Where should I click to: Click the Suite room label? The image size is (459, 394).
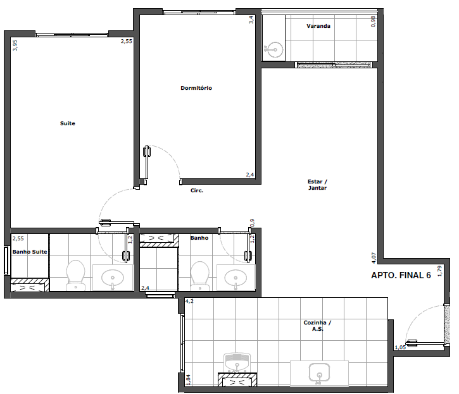pos(68,123)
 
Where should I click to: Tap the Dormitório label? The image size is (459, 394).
pos(196,88)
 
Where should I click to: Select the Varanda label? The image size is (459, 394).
pos(318,26)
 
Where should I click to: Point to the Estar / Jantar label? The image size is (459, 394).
pos(317,185)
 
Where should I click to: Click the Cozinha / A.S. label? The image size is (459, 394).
pos(317,326)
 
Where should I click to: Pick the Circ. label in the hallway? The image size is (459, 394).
pos(197,190)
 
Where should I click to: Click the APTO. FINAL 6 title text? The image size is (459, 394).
pos(401,275)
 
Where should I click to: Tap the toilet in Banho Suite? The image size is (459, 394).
pos(75,276)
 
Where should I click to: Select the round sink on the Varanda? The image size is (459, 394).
pos(274,50)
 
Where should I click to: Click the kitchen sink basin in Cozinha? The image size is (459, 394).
pos(319,373)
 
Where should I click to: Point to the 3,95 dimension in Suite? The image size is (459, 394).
pos(15,46)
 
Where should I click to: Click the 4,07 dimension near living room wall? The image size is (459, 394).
pos(374,258)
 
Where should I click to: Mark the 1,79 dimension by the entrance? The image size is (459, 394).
pos(439,271)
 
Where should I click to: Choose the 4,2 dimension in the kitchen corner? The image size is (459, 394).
pos(189,301)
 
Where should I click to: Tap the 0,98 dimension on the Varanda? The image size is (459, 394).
pos(373,22)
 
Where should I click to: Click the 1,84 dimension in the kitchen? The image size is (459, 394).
pos(188,379)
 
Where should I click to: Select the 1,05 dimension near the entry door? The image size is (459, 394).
pos(400,347)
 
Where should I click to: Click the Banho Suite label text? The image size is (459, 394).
pos(30,252)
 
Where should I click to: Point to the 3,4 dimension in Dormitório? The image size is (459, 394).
pos(251,20)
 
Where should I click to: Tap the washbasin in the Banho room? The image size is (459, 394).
pos(236,278)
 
